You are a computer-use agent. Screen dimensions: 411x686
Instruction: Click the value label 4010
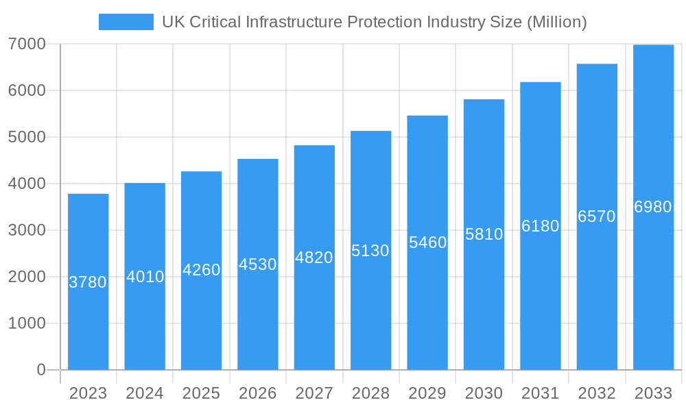click(x=145, y=277)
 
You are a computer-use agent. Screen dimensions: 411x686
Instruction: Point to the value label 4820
click(x=314, y=258)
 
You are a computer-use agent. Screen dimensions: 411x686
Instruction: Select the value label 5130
click(x=370, y=251)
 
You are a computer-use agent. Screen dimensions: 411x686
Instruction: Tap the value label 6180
click(x=540, y=226)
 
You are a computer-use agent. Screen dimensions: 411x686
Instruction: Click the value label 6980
click(x=653, y=207)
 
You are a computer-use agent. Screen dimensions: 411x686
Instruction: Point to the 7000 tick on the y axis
click(x=27, y=44)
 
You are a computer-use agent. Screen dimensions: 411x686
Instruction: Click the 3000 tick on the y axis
click(x=27, y=230)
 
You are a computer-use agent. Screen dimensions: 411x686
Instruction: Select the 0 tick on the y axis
click(x=40, y=370)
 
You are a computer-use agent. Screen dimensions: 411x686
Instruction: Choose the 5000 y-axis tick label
click(x=27, y=137)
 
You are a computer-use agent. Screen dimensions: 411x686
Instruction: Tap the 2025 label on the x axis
click(x=201, y=393)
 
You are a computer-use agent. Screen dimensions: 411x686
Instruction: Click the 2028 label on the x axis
click(x=370, y=393)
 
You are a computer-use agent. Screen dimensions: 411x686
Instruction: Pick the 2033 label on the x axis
click(x=653, y=393)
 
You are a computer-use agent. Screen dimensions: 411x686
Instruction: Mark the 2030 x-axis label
click(x=484, y=393)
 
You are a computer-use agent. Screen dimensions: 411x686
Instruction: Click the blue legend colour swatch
click(x=126, y=22)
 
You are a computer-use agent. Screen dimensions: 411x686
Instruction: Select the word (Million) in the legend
click(x=556, y=22)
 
